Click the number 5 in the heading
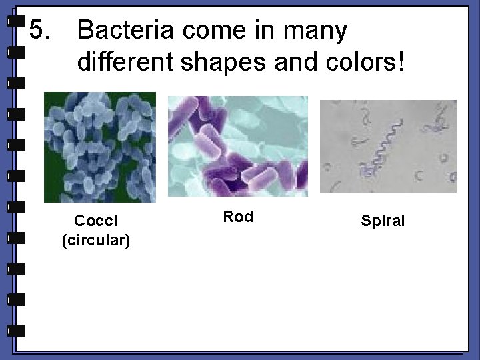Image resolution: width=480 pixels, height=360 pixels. [41, 30]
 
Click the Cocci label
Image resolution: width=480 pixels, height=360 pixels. [95, 220]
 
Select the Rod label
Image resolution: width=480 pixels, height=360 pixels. [238, 217]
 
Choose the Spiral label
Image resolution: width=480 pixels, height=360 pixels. [383, 221]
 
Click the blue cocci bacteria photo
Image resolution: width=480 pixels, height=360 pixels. [100, 147]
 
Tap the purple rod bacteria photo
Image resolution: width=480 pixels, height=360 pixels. [237, 147]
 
